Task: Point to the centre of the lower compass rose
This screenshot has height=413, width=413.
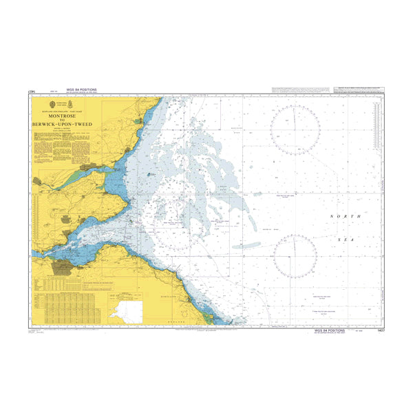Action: pos(295,257)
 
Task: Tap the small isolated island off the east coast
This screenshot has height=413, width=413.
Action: pos(150,175)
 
